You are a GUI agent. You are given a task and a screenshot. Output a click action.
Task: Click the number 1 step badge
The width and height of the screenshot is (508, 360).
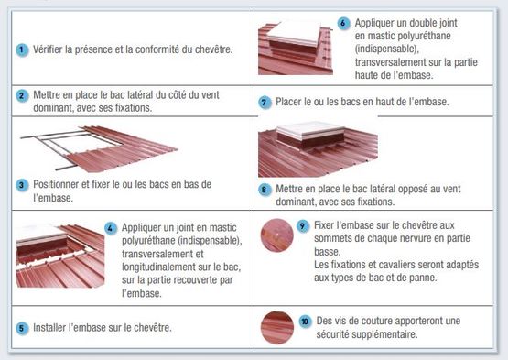(x=22, y=49)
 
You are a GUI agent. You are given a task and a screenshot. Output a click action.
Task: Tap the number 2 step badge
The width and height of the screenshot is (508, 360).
(x=22, y=95)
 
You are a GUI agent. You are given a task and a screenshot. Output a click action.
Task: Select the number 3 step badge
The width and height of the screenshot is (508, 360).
(x=22, y=184)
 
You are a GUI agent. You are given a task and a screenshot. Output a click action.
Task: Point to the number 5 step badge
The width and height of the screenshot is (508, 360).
(x=22, y=327)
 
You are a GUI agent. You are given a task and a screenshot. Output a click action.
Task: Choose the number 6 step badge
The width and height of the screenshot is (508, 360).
(x=343, y=23)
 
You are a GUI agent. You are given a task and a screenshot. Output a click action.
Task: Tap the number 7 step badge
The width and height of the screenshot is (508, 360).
(x=265, y=102)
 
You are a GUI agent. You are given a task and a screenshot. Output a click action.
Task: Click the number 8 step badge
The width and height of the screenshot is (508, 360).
(x=265, y=191)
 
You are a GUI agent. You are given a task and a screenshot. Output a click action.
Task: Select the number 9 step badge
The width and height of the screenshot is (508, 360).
(x=303, y=225)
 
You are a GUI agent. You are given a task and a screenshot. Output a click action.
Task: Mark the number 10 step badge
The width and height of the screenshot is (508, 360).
(x=304, y=322)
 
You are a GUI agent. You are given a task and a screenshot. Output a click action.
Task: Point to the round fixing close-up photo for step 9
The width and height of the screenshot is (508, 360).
(x=276, y=236)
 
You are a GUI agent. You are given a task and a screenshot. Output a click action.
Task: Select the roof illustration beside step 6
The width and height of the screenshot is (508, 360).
(x=295, y=48)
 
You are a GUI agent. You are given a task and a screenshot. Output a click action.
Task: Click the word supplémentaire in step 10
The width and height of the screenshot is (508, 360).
(x=350, y=333)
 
